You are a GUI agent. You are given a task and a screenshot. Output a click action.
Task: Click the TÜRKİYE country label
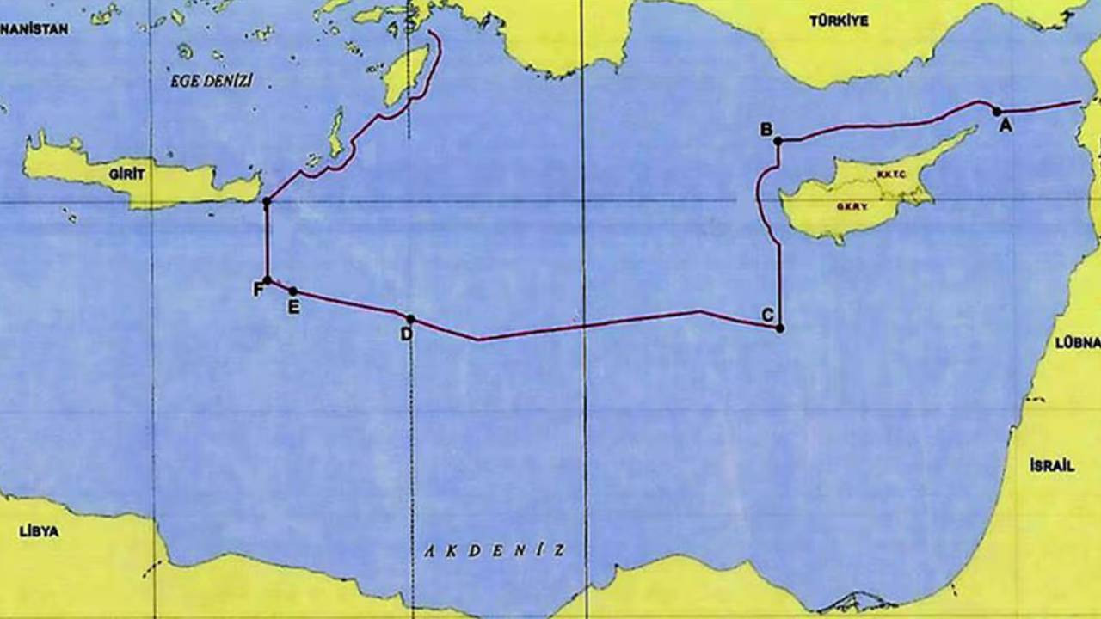click(839, 21)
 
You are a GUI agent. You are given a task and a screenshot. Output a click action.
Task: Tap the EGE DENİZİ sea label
click(212, 82)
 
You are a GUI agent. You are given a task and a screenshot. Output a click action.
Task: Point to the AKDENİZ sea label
click(495, 550)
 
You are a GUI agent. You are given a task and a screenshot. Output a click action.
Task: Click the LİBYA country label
click(39, 531)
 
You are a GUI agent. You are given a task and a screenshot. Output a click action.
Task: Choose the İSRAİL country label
click(1051, 466)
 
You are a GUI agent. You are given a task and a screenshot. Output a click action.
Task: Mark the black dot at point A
click(997, 111)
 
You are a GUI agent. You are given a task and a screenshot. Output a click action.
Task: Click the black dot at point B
click(778, 141)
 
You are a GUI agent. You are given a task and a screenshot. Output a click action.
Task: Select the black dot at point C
click(780, 328)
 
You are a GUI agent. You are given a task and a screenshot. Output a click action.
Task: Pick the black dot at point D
click(410, 319)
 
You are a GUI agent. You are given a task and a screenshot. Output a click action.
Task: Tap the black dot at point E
click(293, 291)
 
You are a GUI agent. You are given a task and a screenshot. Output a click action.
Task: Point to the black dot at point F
click(268, 280)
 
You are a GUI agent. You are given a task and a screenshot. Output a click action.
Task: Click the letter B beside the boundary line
click(765, 130)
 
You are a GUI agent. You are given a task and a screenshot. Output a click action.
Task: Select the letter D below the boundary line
click(406, 334)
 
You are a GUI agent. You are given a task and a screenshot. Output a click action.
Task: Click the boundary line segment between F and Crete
click(267, 241)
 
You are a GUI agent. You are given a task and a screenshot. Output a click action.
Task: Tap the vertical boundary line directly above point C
click(780, 284)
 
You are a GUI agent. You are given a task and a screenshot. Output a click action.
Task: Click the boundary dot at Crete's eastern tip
click(267, 202)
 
